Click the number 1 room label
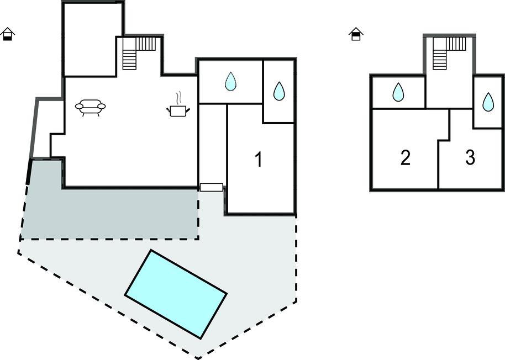(258, 160)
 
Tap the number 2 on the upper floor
(405, 158)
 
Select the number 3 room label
(470, 158)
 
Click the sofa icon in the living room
(90, 107)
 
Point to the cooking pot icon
(177, 110)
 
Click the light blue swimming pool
(176, 294)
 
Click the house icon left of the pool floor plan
(8, 34)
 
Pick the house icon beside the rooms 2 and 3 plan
(356, 34)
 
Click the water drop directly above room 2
(398, 92)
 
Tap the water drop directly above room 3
(488, 102)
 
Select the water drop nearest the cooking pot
(230, 82)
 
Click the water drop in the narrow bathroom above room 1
(279, 92)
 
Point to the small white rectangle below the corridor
(211, 187)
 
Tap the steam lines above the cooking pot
(177, 98)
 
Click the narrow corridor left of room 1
(213, 144)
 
